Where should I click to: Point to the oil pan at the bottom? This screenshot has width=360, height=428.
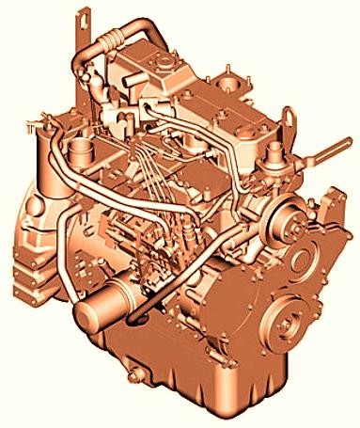click(188, 386)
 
